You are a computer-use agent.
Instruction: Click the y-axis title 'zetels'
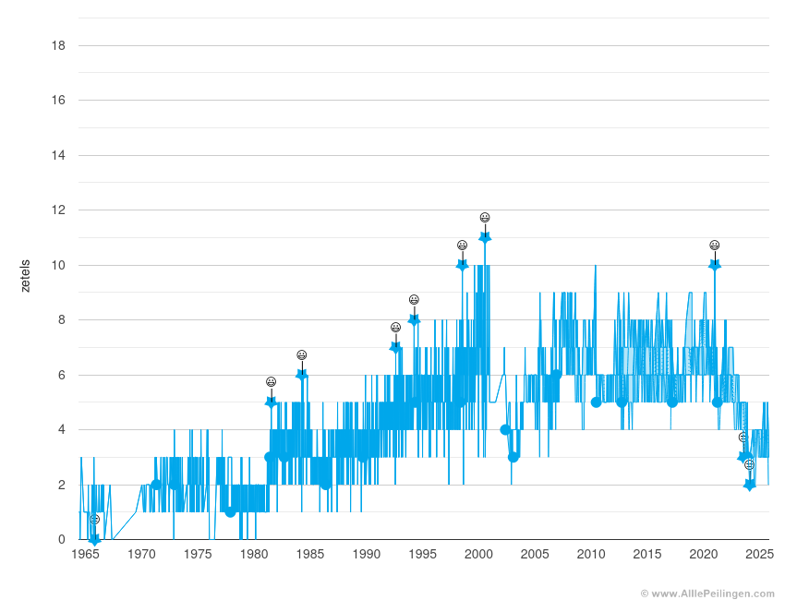(25, 275)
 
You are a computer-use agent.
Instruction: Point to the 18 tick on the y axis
(57, 45)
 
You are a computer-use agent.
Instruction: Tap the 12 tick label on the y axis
(57, 210)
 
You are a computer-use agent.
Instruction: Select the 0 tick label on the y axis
(61, 540)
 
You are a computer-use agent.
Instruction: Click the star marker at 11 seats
(485, 237)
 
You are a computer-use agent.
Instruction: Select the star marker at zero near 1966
(94, 539)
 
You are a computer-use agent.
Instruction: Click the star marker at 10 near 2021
(714, 265)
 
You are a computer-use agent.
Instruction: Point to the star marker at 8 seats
(414, 319)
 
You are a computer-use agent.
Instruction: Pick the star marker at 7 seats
(395, 347)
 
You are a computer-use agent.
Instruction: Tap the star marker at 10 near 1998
(462, 265)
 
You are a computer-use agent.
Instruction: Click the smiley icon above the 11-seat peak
(485, 218)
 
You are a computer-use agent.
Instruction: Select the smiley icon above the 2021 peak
(714, 246)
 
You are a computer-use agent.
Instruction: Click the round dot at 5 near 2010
(596, 402)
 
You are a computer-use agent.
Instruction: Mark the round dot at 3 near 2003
(513, 457)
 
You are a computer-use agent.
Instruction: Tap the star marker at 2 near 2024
(749, 485)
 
